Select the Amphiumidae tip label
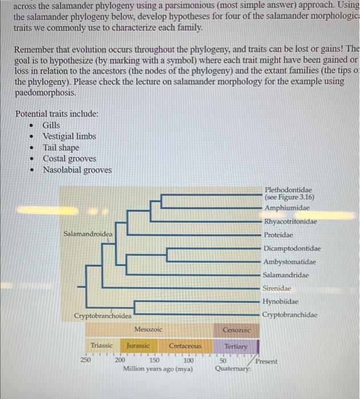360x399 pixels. (x=287, y=208)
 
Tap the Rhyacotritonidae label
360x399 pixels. (x=290, y=222)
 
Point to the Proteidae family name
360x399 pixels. (x=278, y=235)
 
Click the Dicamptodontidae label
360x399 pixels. (x=292, y=249)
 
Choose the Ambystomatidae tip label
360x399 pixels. (x=289, y=262)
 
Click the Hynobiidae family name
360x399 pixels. (x=280, y=302)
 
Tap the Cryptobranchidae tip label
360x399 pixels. (x=290, y=315)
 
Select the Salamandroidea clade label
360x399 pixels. (x=88, y=234)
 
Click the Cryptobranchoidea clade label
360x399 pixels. (x=103, y=316)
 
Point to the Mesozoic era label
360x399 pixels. (x=148, y=329)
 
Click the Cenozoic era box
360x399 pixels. (x=236, y=329)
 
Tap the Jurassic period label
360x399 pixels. (x=138, y=346)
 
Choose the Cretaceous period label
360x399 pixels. (x=185, y=346)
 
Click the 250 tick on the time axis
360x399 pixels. (x=84, y=361)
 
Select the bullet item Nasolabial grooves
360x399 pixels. (x=77, y=170)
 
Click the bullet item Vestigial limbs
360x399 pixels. (x=69, y=136)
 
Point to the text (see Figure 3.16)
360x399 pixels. (x=290, y=197)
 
